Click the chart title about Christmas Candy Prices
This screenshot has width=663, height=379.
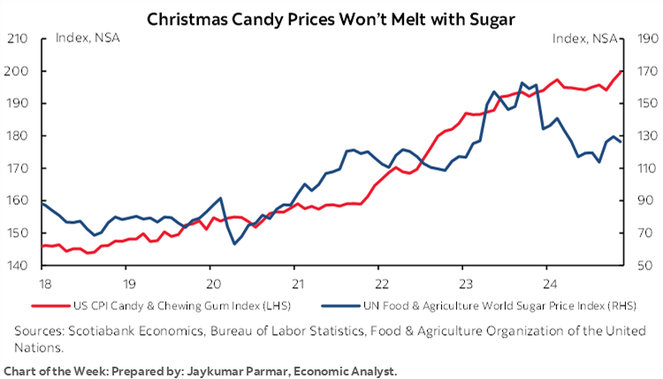(331, 18)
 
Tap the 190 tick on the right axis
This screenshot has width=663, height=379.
(645, 39)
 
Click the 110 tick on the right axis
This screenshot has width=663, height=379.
(645, 168)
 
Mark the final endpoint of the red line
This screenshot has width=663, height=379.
(622, 72)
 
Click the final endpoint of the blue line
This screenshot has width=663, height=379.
(621, 141)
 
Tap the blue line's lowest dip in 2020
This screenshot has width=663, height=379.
(235, 244)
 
